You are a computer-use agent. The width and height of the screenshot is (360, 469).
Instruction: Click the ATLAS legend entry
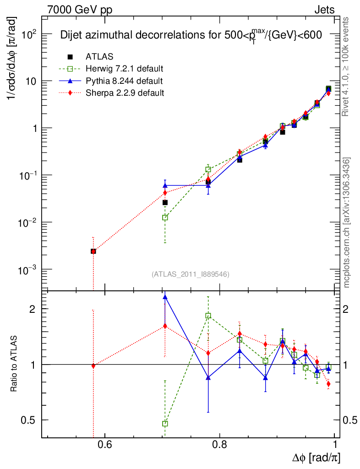click(x=99, y=57)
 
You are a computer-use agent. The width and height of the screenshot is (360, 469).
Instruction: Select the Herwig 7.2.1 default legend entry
click(x=124, y=69)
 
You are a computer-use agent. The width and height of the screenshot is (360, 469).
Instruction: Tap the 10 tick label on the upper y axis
click(x=31, y=81)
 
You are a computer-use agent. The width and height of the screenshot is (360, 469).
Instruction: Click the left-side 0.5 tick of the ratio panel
click(x=30, y=420)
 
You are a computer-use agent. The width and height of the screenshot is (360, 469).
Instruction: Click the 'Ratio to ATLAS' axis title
click(x=14, y=364)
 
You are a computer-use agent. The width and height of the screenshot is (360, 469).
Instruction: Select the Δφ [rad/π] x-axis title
click(x=316, y=458)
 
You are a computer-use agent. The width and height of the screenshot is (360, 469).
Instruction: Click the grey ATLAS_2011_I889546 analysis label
click(x=190, y=274)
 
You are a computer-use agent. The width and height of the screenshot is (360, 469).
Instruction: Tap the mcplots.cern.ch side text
click(x=347, y=223)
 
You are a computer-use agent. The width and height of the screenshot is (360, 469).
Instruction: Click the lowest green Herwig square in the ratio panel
click(x=165, y=424)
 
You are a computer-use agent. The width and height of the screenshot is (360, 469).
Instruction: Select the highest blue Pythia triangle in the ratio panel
click(x=165, y=297)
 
